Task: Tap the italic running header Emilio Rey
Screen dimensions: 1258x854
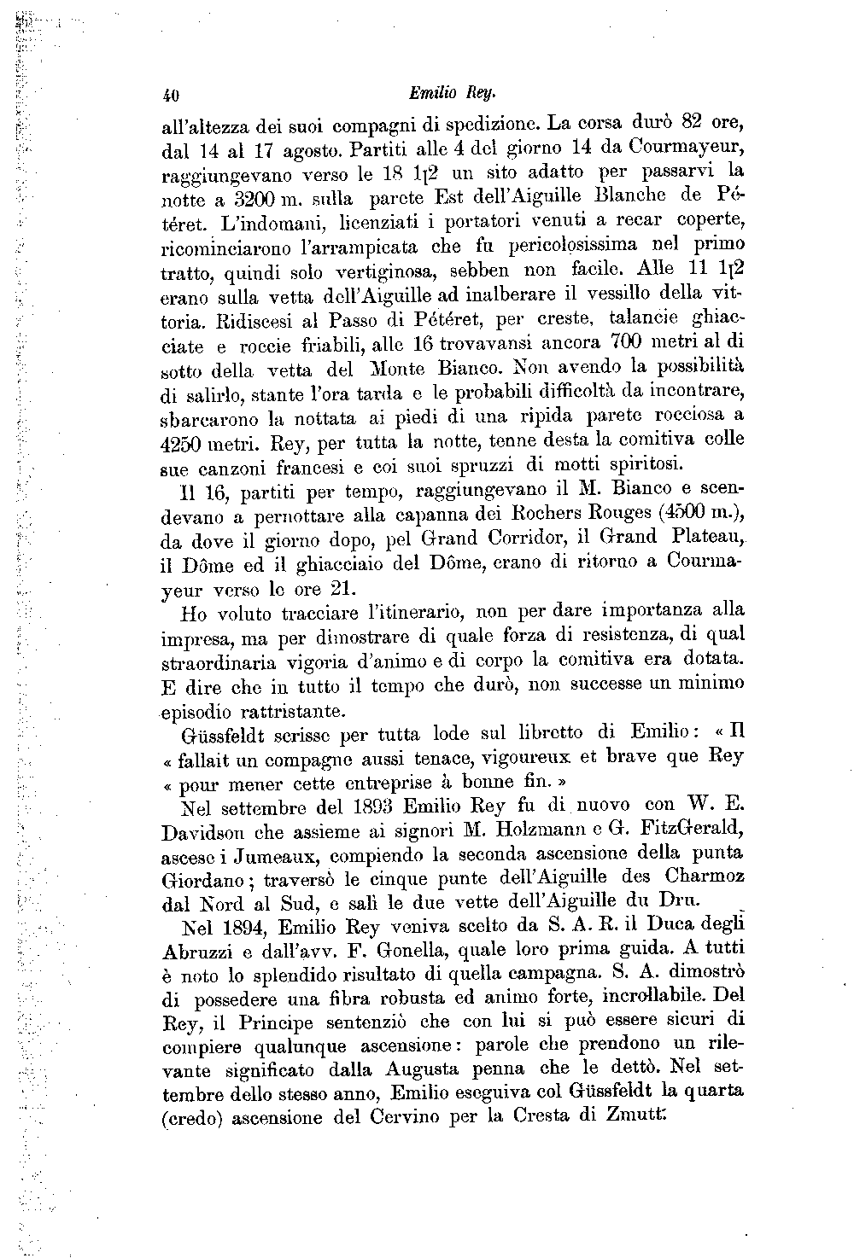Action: tap(441, 91)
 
